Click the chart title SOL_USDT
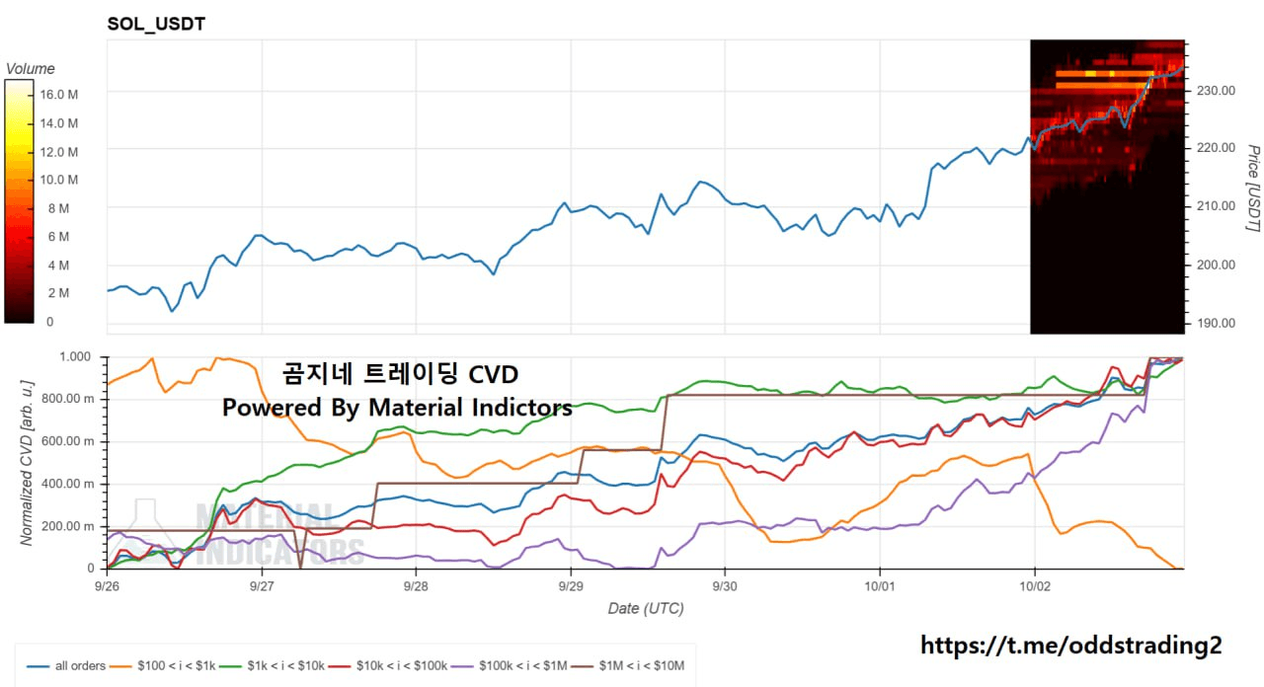point(156,24)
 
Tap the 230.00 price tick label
point(1215,90)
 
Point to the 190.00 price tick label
point(1215,323)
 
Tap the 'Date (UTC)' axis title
point(645,608)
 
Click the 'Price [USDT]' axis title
point(1252,189)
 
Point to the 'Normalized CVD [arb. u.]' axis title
point(26,462)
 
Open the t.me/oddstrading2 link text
point(1070,646)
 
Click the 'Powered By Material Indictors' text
point(397,408)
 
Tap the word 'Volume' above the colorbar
point(31,69)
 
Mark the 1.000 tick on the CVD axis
point(76,356)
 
